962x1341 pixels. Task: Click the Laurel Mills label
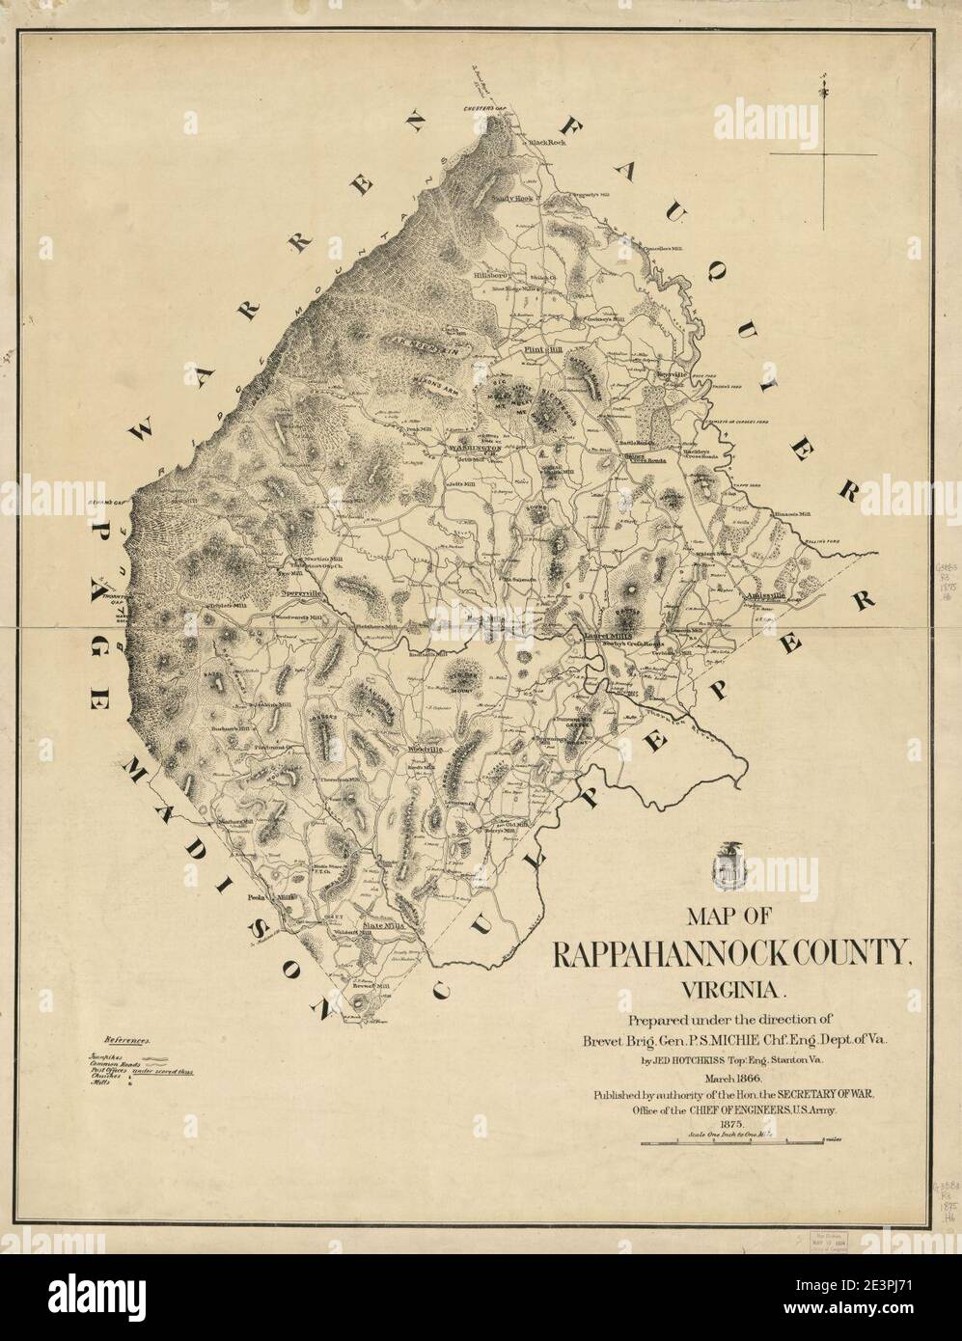607,636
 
